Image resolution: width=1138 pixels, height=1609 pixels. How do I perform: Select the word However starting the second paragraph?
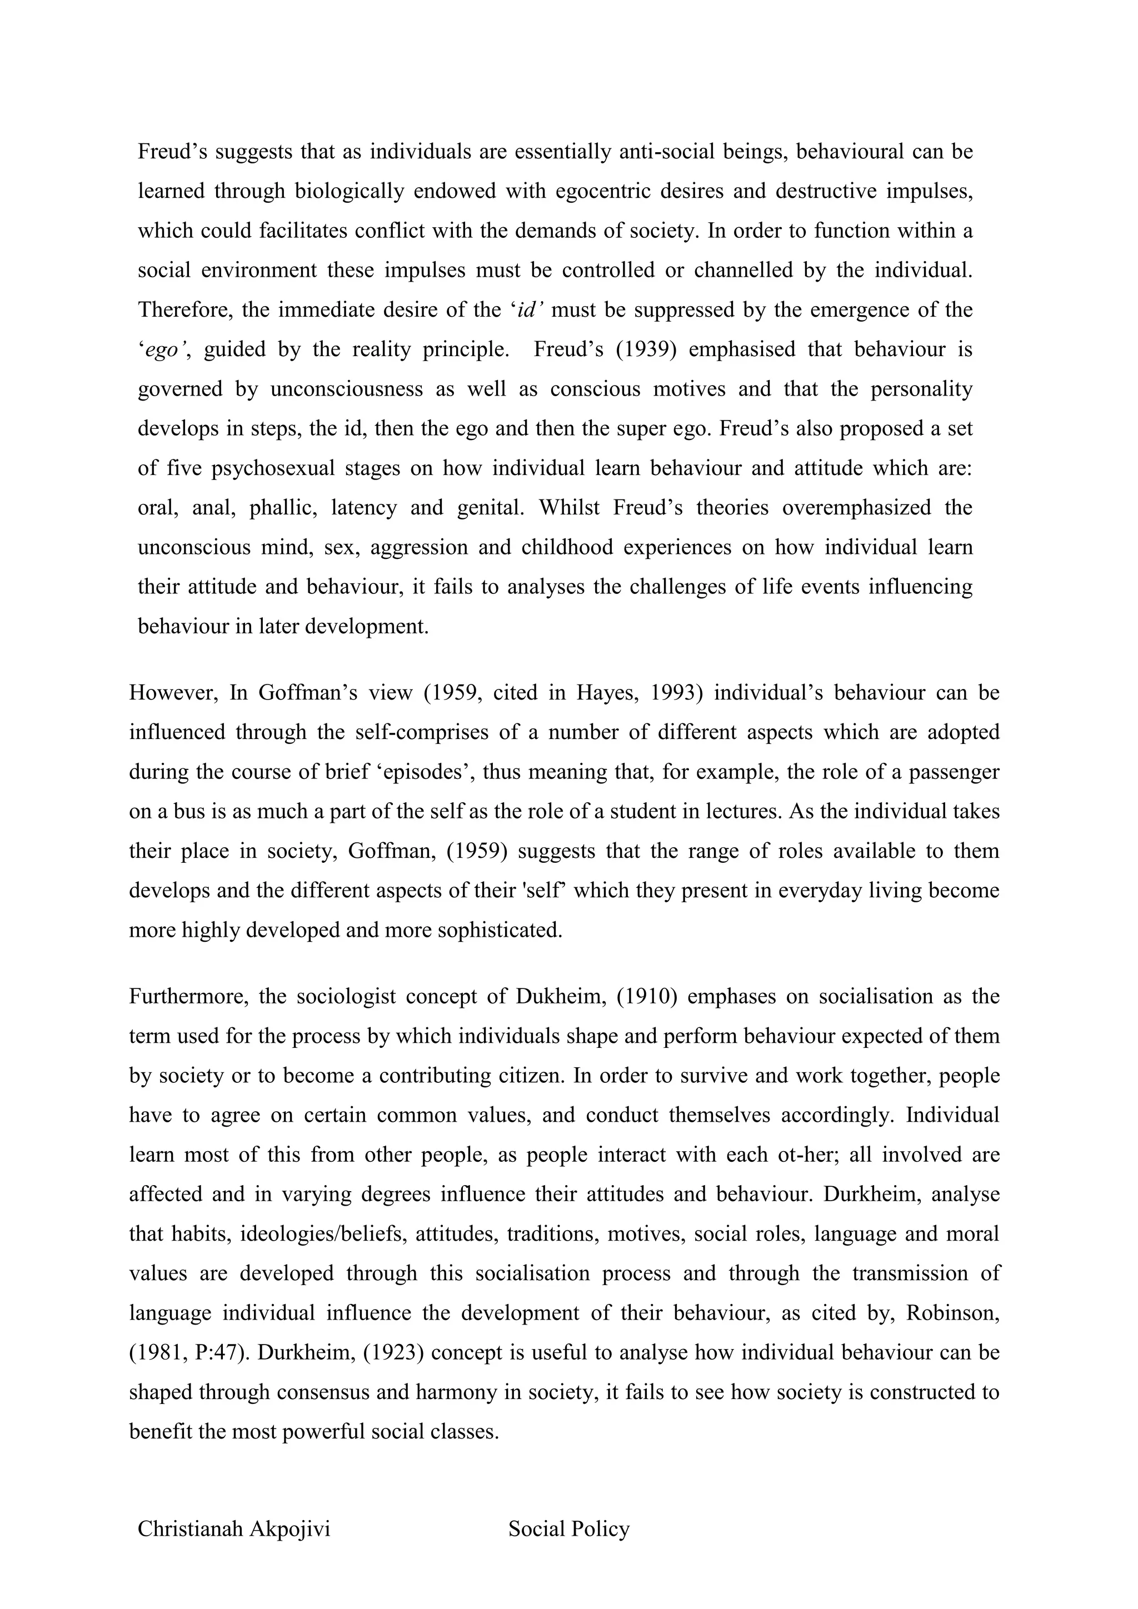pyautogui.click(x=172, y=692)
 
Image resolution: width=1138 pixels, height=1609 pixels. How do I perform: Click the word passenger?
pyautogui.click(x=952, y=772)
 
